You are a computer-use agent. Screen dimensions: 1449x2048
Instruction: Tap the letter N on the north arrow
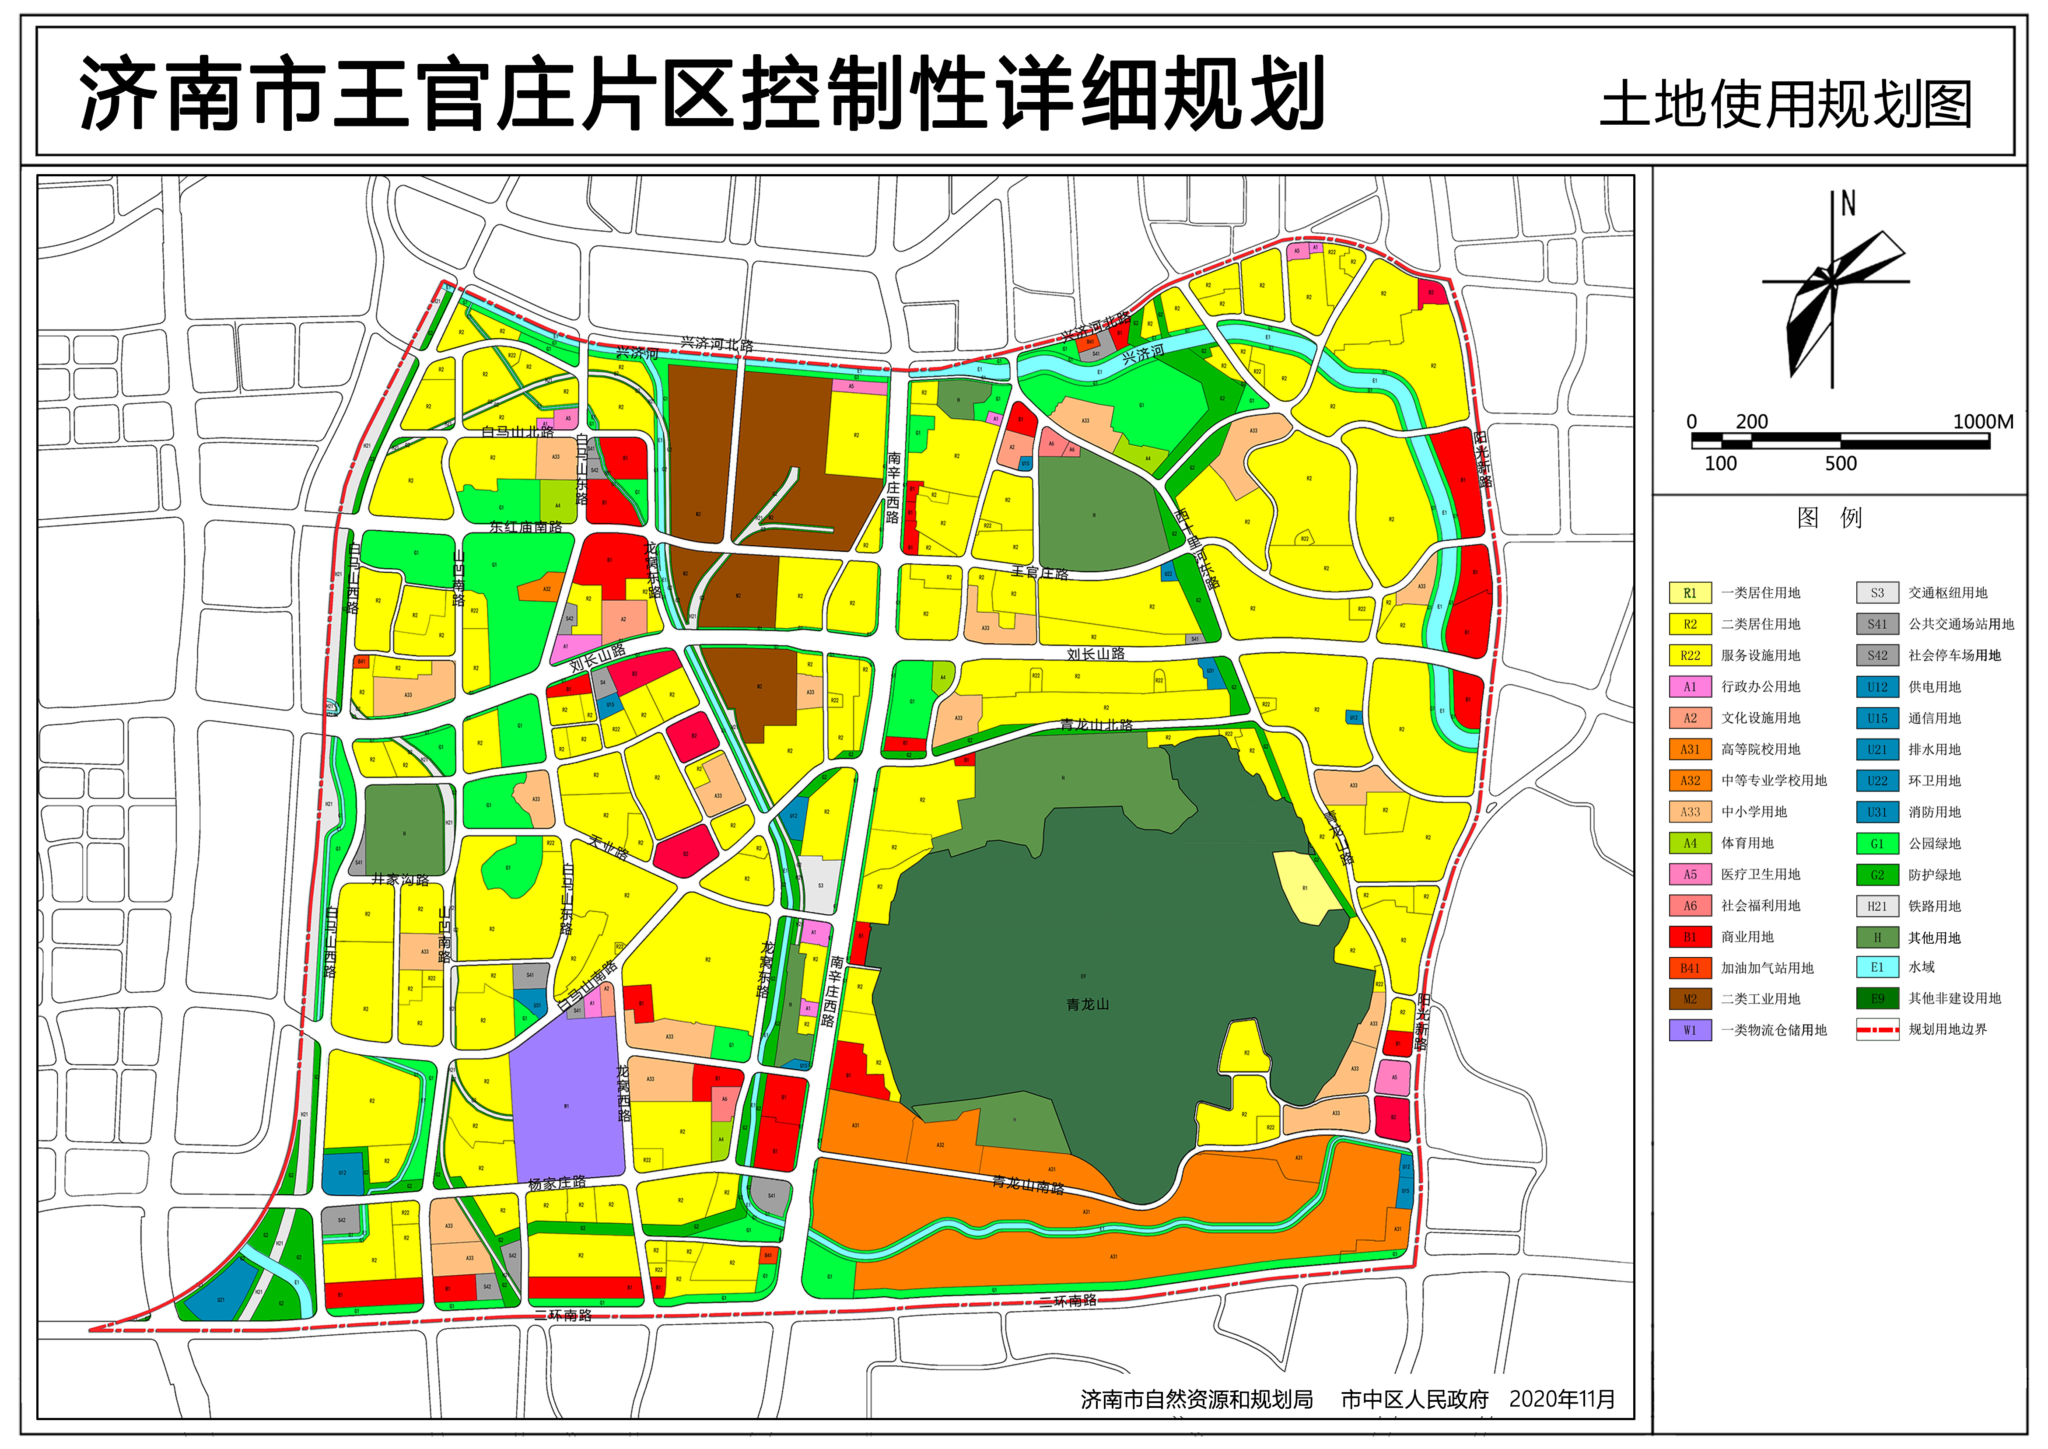click(1847, 204)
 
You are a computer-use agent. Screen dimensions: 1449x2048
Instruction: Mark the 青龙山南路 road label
click(1028, 1185)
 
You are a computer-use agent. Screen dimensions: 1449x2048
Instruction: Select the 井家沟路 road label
click(401, 880)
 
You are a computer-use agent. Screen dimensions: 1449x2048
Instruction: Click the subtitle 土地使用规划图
click(1785, 105)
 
